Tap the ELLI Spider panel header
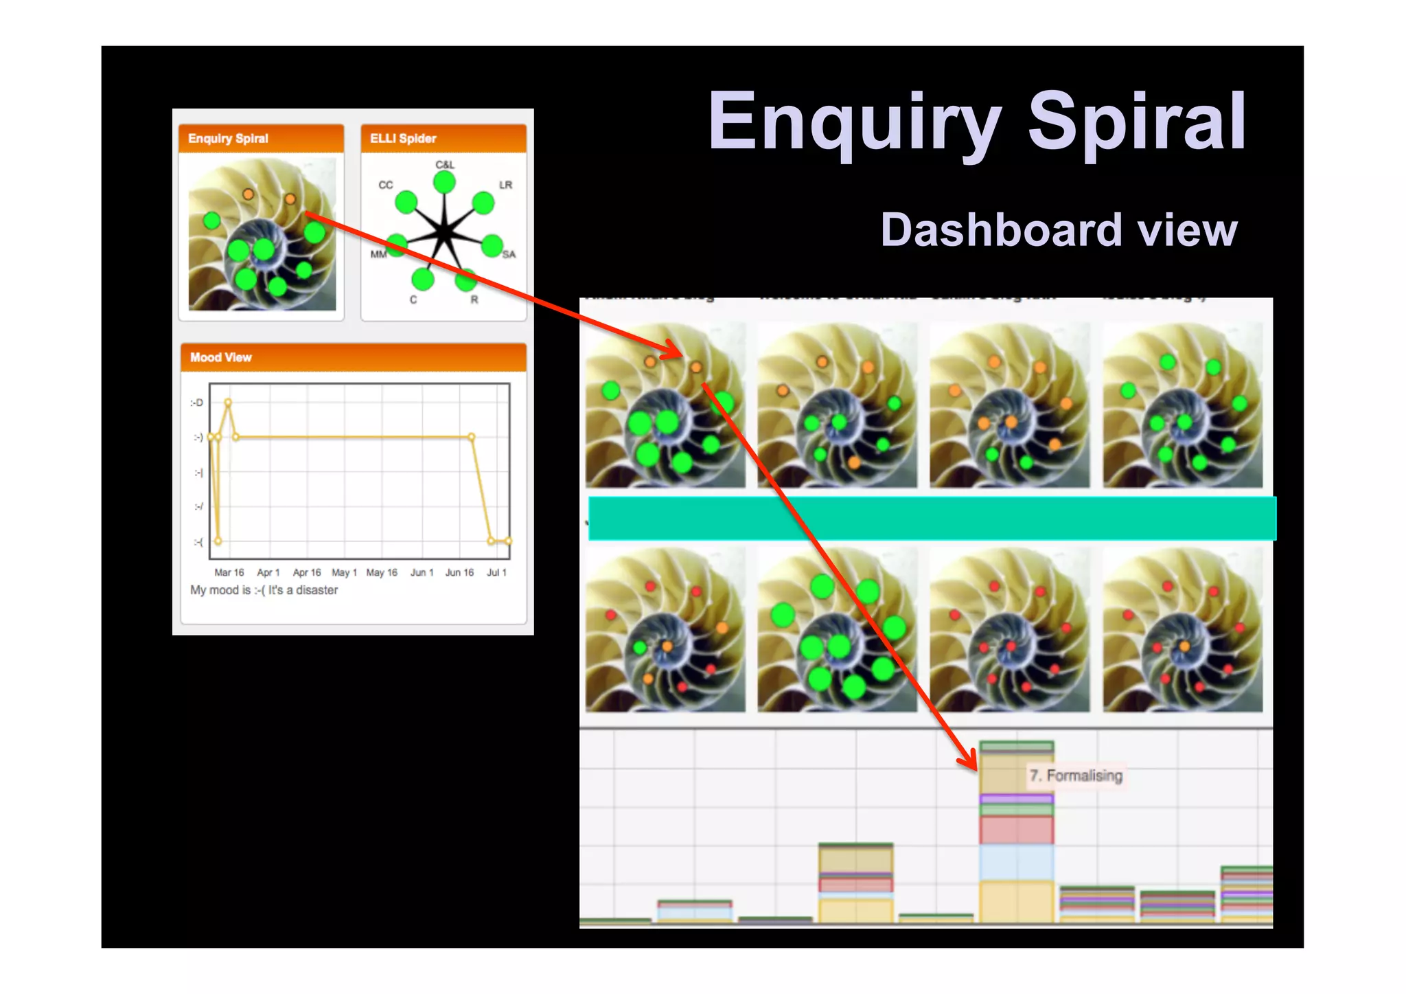443,138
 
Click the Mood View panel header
353,357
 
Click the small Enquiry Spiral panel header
261,138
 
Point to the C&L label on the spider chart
445,165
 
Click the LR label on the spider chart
505,185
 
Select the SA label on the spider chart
509,255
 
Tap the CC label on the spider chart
386,185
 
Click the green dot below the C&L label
444,183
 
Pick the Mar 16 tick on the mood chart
229,572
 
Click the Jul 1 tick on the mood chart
496,572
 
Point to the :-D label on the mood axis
197,403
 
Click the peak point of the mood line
228,403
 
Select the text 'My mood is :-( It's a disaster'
264,590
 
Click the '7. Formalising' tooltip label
1076,776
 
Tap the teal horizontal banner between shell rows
932,519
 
